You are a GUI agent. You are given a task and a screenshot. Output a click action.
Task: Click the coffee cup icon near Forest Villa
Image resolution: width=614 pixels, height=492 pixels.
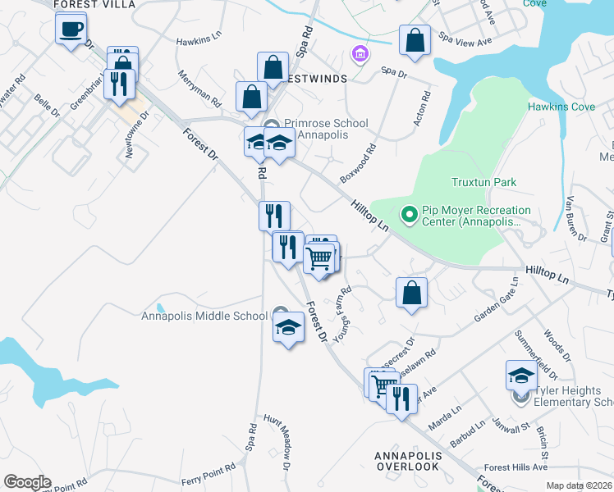71,30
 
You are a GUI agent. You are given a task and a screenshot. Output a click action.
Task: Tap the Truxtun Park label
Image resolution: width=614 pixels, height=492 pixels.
483,182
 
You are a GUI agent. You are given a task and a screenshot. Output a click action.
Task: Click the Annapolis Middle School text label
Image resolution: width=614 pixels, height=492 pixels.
204,316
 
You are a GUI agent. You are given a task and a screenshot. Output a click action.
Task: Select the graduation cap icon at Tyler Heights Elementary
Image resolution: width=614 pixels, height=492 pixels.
521,376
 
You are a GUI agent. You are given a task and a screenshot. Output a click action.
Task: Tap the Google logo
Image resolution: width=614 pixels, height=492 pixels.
26,482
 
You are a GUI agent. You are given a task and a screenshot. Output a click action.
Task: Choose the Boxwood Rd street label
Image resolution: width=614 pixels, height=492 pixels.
356,164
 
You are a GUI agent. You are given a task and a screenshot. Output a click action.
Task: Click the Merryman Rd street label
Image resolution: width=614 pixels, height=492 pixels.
199,89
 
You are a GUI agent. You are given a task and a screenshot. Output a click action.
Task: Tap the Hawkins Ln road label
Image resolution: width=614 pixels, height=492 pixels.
199,38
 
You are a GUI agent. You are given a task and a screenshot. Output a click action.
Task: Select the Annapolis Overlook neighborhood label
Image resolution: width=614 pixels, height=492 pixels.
408,461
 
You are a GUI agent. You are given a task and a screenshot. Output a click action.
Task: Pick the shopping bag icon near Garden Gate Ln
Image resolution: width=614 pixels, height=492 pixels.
411,293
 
